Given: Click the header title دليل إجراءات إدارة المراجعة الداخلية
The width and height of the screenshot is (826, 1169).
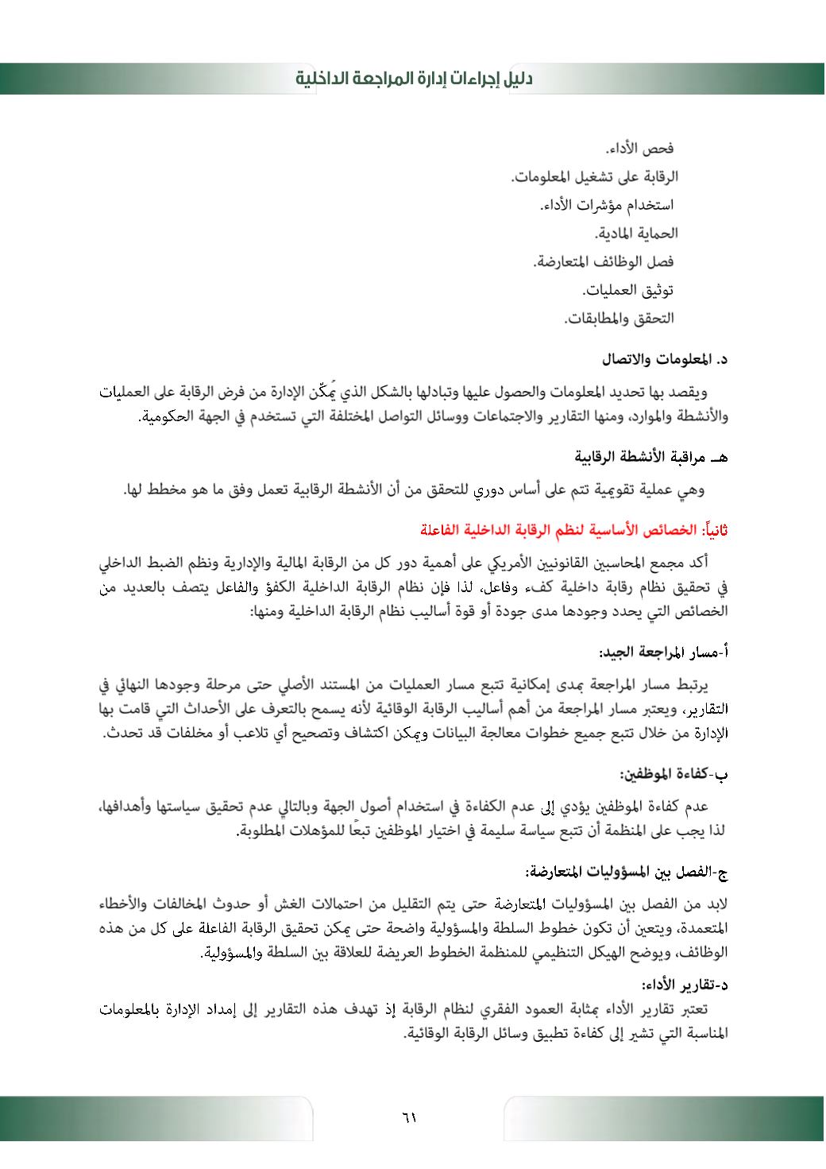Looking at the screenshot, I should (413, 79).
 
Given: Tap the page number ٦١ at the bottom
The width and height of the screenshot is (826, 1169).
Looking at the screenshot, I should (409, 1117).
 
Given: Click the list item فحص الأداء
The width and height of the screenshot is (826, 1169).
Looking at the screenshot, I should (639, 149).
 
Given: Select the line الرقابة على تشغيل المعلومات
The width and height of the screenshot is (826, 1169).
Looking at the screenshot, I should (594, 176).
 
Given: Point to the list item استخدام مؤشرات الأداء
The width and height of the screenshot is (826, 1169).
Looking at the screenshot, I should (607, 205).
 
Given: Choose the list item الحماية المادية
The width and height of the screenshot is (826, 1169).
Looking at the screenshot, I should (636, 234).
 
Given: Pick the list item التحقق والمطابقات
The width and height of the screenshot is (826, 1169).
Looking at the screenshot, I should (619, 319).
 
